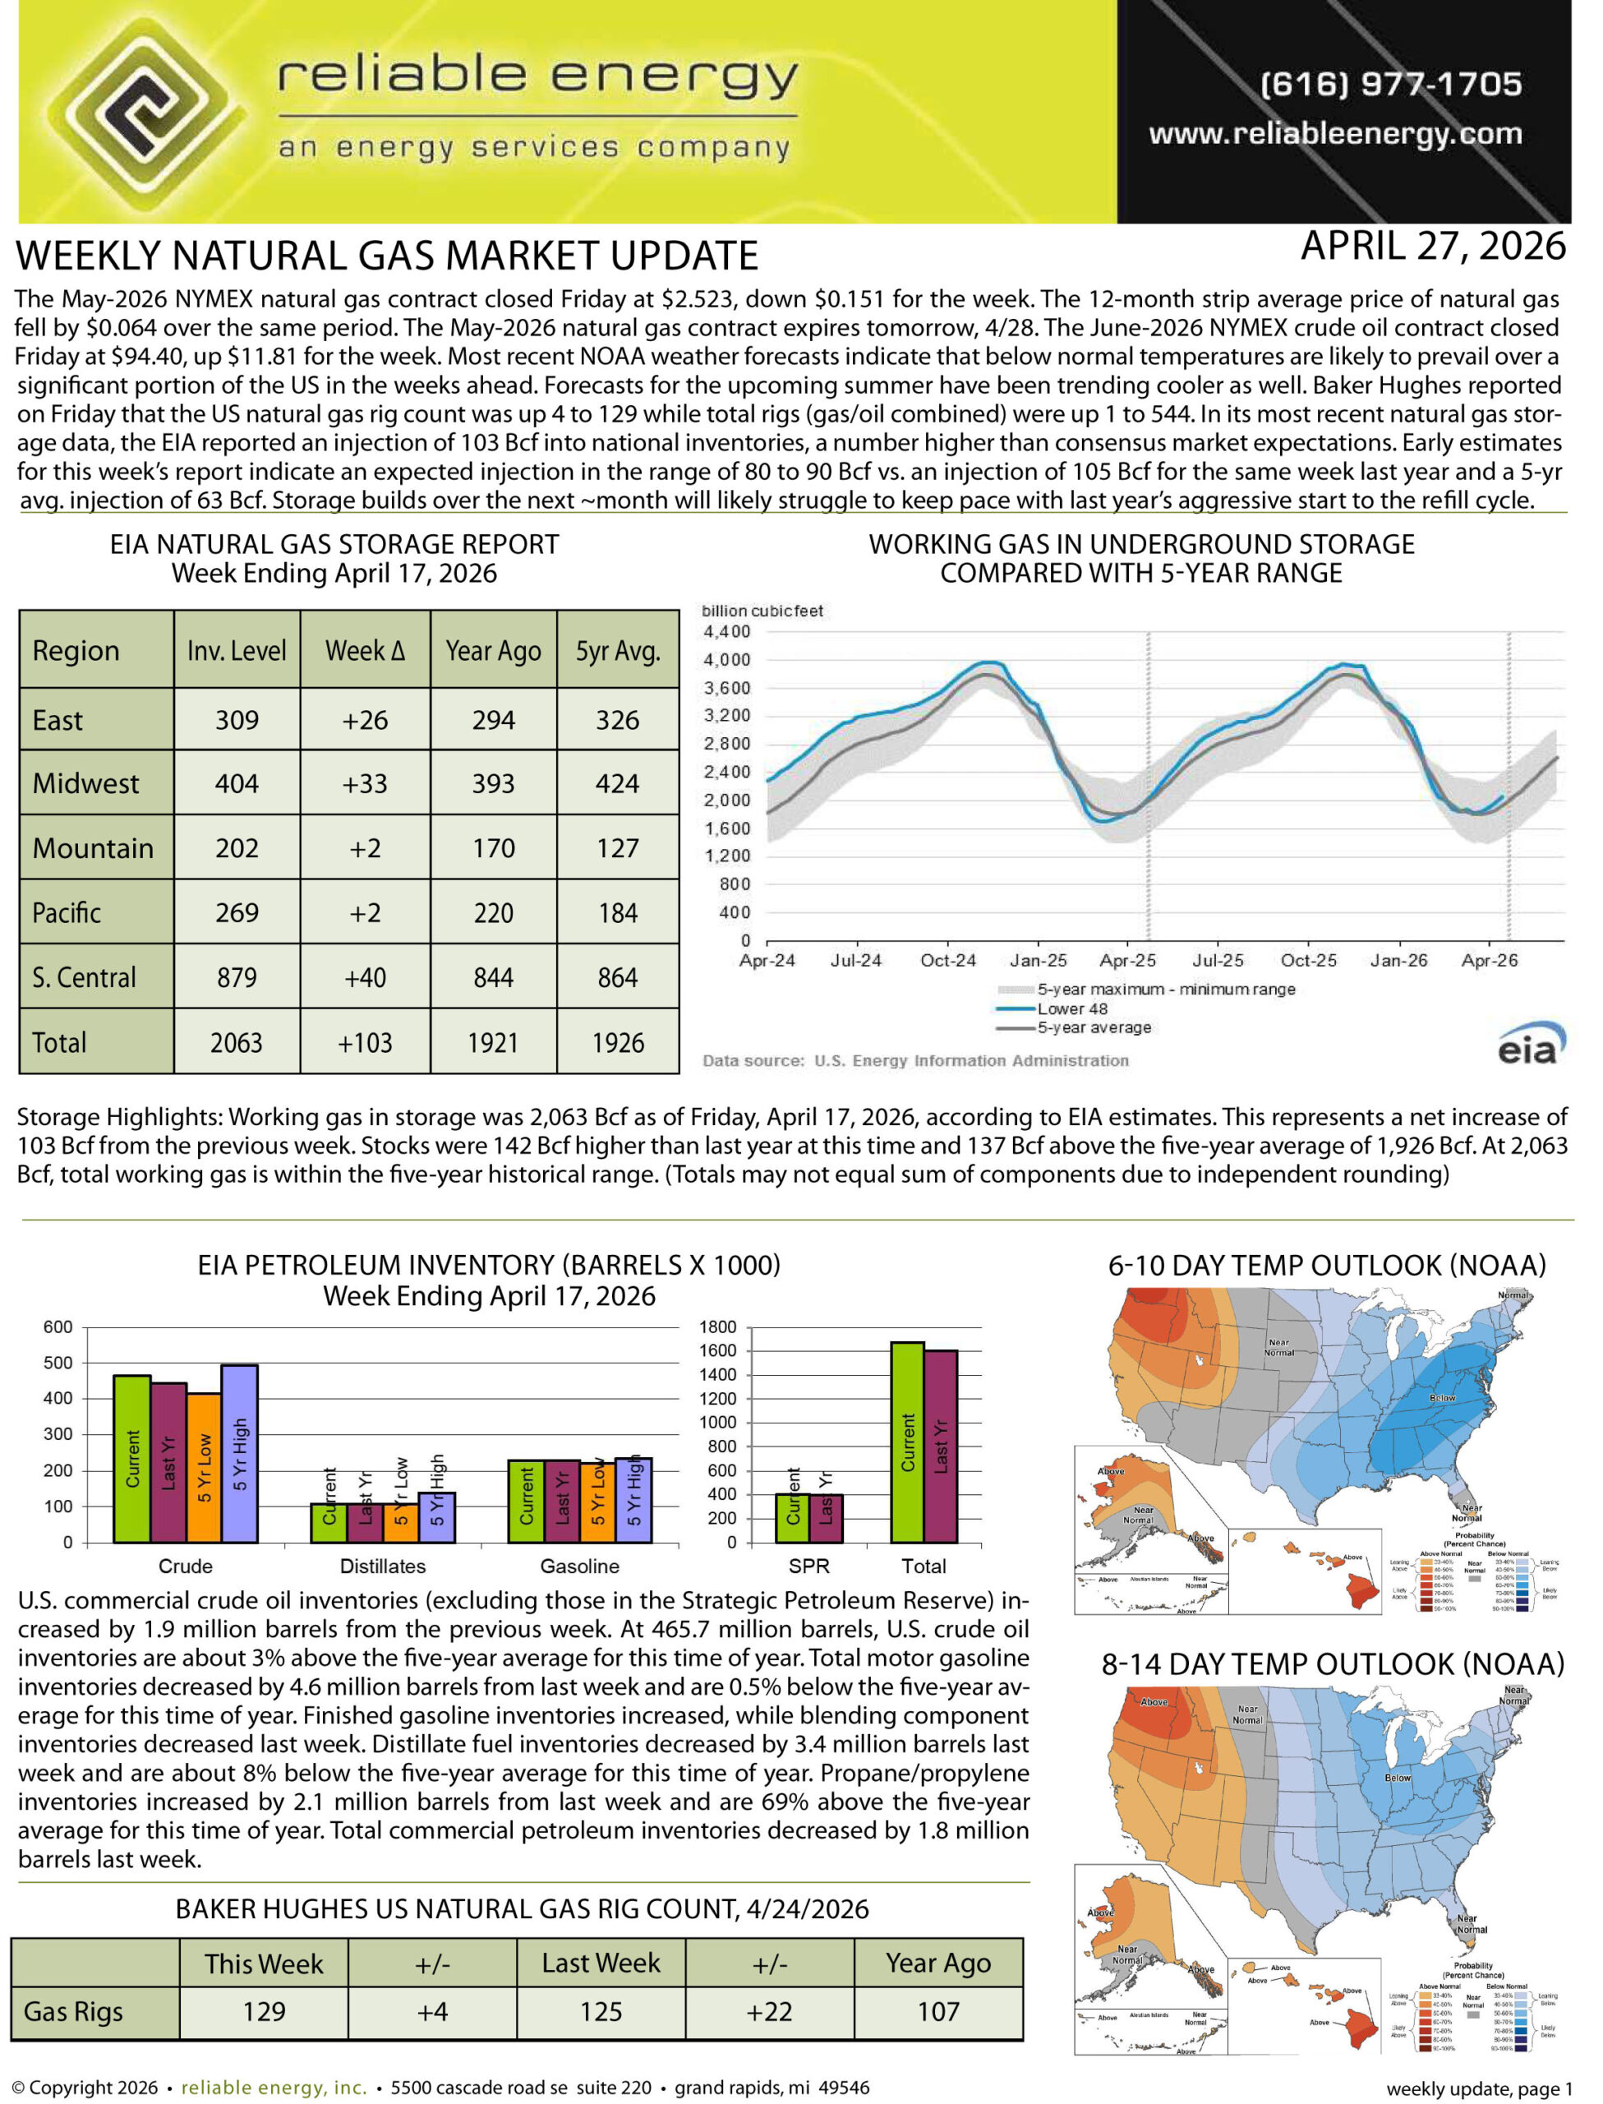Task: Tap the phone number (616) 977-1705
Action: [x=1390, y=84]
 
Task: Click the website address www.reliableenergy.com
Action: [x=1335, y=134]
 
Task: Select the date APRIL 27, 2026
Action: [x=1432, y=247]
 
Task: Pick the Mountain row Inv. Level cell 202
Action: [x=237, y=848]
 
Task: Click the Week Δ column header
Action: [x=365, y=651]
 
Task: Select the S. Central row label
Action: [x=84, y=978]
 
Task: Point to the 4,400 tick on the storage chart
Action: [x=726, y=632]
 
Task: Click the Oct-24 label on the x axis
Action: [x=947, y=961]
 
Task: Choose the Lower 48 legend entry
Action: [x=1071, y=1008]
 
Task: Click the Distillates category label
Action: [x=383, y=1566]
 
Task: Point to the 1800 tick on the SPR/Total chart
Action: [x=717, y=1327]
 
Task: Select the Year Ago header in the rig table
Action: [x=938, y=1963]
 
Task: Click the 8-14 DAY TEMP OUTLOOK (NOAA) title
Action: [x=1333, y=1664]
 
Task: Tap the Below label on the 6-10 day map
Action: [x=1442, y=1398]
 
